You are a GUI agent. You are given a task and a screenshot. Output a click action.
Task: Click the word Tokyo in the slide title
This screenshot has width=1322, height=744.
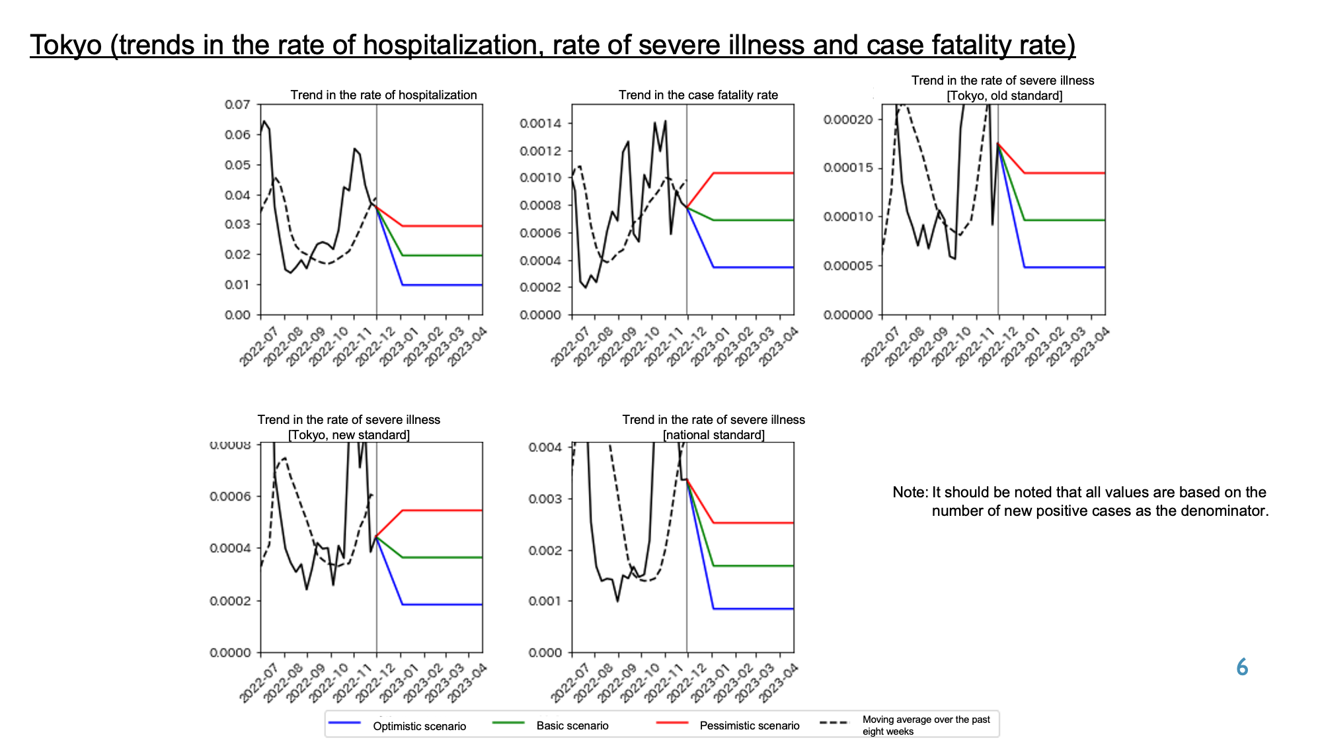(x=66, y=45)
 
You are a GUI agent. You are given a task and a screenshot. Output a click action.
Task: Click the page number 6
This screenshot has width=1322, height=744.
(x=1242, y=667)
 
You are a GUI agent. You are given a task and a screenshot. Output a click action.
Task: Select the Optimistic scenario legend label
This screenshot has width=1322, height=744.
(x=419, y=726)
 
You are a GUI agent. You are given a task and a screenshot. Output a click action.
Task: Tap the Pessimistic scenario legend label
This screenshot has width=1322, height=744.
(x=750, y=725)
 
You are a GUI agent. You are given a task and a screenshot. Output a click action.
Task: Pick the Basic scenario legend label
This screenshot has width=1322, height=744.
(x=572, y=725)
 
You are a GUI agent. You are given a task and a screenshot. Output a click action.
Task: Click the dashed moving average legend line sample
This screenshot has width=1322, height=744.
(x=834, y=722)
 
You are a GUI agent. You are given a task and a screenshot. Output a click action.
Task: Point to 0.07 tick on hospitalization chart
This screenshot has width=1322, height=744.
(x=237, y=104)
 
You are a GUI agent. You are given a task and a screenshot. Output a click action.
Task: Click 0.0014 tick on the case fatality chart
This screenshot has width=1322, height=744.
(x=541, y=124)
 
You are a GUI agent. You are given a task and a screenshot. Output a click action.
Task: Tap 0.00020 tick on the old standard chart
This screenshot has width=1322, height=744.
(x=848, y=119)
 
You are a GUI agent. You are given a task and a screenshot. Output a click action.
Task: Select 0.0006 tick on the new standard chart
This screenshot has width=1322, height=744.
(x=231, y=497)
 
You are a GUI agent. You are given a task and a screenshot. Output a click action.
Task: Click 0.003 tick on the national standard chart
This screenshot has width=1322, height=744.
(x=545, y=499)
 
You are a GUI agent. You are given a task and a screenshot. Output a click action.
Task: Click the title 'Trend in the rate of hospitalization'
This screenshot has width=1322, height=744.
(x=383, y=95)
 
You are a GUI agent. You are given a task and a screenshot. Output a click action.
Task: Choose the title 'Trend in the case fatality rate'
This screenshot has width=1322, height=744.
(x=698, y=95)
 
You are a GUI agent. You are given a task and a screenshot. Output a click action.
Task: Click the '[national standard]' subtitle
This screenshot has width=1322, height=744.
(x=714, y=435)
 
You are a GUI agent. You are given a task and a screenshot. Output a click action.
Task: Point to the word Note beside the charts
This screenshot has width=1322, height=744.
(x=910, y=492)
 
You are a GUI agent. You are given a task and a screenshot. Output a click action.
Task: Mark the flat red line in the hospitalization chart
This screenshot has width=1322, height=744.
(x=442, y=226)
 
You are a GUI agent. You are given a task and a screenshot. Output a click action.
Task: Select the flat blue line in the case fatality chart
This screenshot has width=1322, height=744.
(x=754, y=267)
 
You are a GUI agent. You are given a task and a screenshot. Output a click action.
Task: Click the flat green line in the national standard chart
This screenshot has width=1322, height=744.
(x=754, y=566)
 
